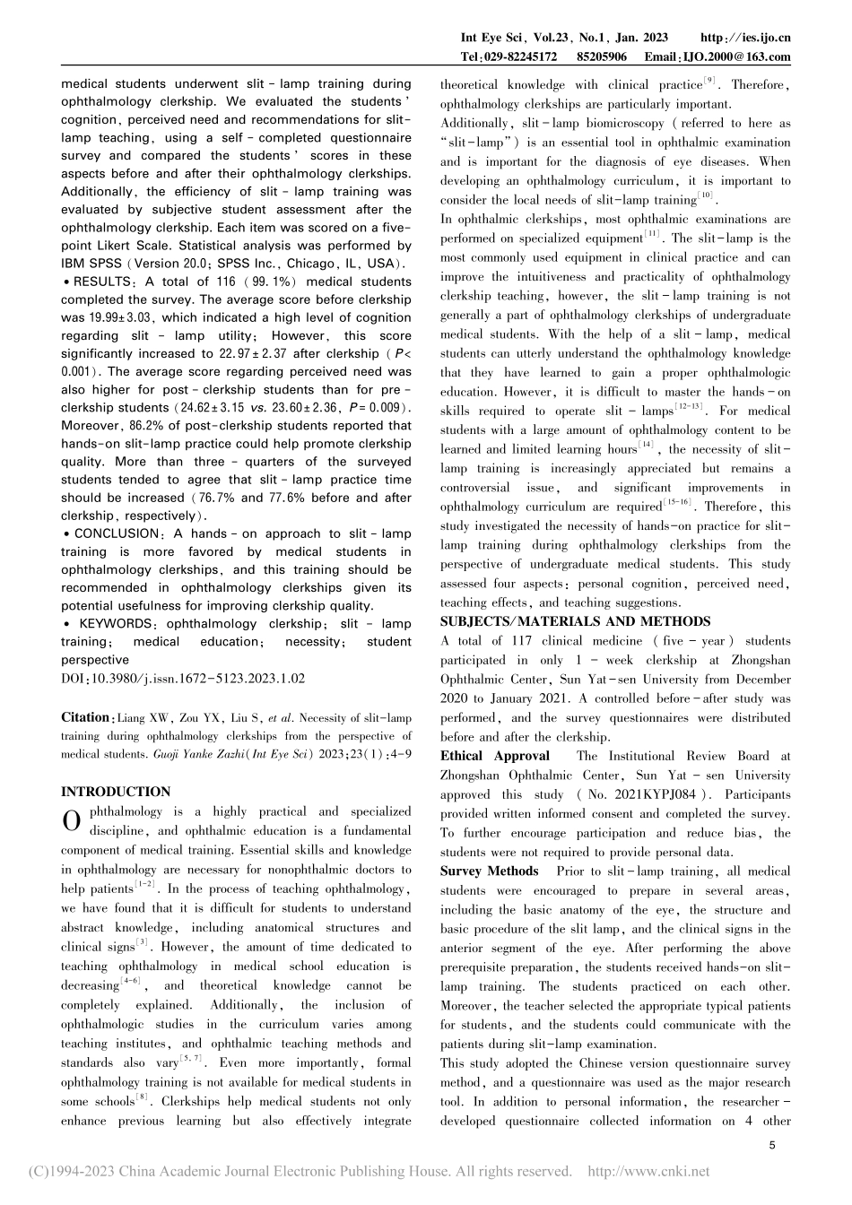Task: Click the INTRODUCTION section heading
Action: [115, 792]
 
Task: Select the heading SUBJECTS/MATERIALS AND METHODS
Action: [575, 621]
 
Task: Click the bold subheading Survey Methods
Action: [489, 871]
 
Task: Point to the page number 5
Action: [773, 1145]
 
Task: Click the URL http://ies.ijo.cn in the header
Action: [744, 38]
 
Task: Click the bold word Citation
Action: [85, 717]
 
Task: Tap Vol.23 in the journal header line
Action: [540, 38]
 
